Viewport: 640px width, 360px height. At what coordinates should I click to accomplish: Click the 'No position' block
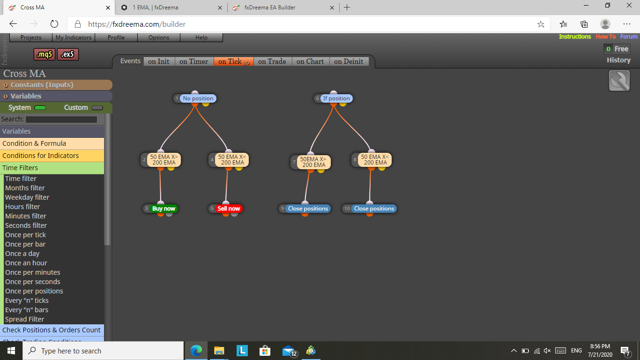[198, 98]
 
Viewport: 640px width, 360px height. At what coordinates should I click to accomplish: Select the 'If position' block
[336, 98]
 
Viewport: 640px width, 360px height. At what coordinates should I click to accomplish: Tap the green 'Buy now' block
[164, 209]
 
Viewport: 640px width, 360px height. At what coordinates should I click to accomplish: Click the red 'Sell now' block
[229, 209]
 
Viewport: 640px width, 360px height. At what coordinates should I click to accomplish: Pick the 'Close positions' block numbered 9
[308, 209]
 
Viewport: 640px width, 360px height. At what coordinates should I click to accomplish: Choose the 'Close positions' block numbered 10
[374, 209]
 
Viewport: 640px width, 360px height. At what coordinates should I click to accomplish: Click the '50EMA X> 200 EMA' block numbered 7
[313, 162]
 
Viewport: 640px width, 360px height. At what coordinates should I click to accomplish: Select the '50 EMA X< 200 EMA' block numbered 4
[232, 160]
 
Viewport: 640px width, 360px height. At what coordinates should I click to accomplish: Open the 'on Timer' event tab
[193, 61]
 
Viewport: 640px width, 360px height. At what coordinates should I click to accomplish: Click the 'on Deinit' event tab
[349, 61]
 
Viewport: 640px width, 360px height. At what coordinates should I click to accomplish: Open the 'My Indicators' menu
[74, 37]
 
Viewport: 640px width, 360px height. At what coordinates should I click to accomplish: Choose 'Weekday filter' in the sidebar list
[27, 197]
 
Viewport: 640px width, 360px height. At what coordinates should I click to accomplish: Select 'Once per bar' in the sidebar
[25, 244]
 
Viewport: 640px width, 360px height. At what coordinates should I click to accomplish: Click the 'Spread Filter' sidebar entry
[24, 319]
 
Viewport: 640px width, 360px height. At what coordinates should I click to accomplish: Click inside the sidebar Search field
[61, 119]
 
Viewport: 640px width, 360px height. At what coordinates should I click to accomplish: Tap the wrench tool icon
[619, 81]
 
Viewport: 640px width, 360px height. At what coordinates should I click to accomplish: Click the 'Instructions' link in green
[575, 37]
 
